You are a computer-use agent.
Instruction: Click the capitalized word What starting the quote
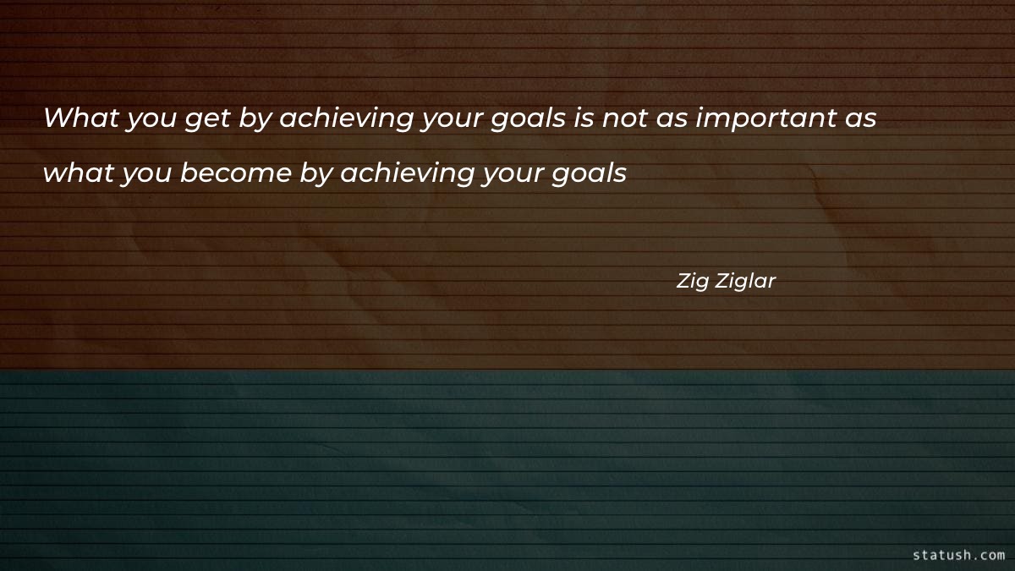click(x=80, y=118)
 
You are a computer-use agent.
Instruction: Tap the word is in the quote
click(x=584, y=118)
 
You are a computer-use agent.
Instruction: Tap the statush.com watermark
click(x=958, y=555)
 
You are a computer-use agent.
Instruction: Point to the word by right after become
click(x=318, y=175)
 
